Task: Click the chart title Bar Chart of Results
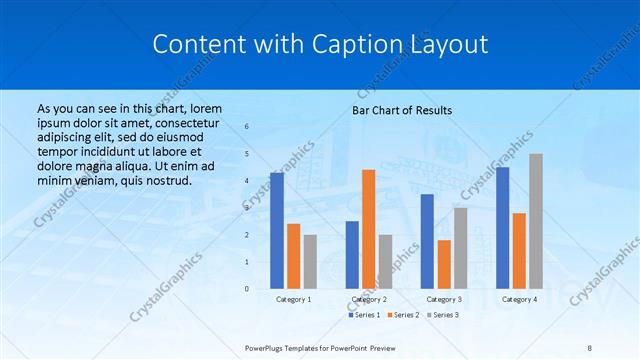[x=402, y=110]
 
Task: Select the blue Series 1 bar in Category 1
[x=277, y=230]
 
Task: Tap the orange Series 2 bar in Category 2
[x=368, y=228]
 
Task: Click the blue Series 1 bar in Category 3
[x=427, y=241]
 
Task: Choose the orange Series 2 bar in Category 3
[x=444, y=264]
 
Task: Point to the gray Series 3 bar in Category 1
[x=310, y=261]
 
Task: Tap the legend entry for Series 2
[x=403, y=315]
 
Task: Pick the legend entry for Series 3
[x=443, y=315]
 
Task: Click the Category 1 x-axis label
[x=293, y=299]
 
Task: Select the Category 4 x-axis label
[x=519, y=299]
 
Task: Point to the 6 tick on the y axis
[x=248, y=127]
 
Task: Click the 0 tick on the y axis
[x=248, y=289]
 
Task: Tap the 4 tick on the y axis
[x=248, y=181]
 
